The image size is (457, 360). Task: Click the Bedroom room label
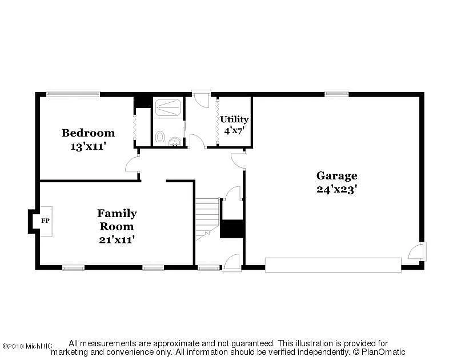88,133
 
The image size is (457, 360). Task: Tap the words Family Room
117,219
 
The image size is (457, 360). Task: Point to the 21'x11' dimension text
117,239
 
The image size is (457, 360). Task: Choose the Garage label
336,175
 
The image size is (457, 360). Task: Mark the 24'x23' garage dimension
336,189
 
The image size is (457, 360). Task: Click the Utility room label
234,119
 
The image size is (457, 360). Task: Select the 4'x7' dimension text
234,130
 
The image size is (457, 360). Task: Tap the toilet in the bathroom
160,138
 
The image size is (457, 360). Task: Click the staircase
207,218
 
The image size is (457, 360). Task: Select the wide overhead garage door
333,265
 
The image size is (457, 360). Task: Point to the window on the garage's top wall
336,94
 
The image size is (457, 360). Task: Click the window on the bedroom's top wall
73,94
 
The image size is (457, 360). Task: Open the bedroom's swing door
132,165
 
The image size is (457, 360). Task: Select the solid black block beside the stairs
232,229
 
